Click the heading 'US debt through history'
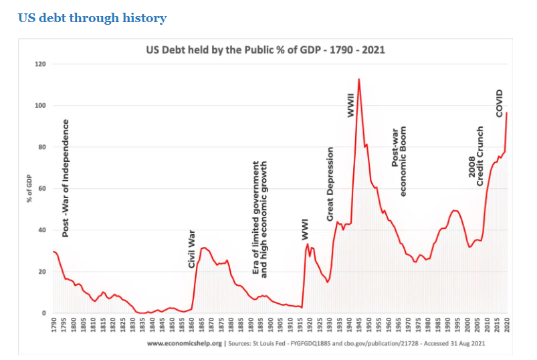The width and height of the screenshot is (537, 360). (x=92, y=18)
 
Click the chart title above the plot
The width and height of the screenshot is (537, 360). (x=265, y=50)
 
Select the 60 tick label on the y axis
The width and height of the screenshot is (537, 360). (x=41, y=189)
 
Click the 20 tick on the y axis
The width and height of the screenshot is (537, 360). (x=41, y=272)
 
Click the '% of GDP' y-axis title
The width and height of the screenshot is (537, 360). (x=29, y=189)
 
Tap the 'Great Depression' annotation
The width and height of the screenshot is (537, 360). (x=330, y=184)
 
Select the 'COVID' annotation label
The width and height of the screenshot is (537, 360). (x=500, y=103)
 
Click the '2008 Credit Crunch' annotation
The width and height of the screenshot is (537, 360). (x=475, y=156)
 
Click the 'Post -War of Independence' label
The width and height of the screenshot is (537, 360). (x=66, y=178)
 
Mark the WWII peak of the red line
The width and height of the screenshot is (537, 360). (x=359, y=79)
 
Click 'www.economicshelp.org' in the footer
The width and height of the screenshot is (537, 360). (x=184, y=343)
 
